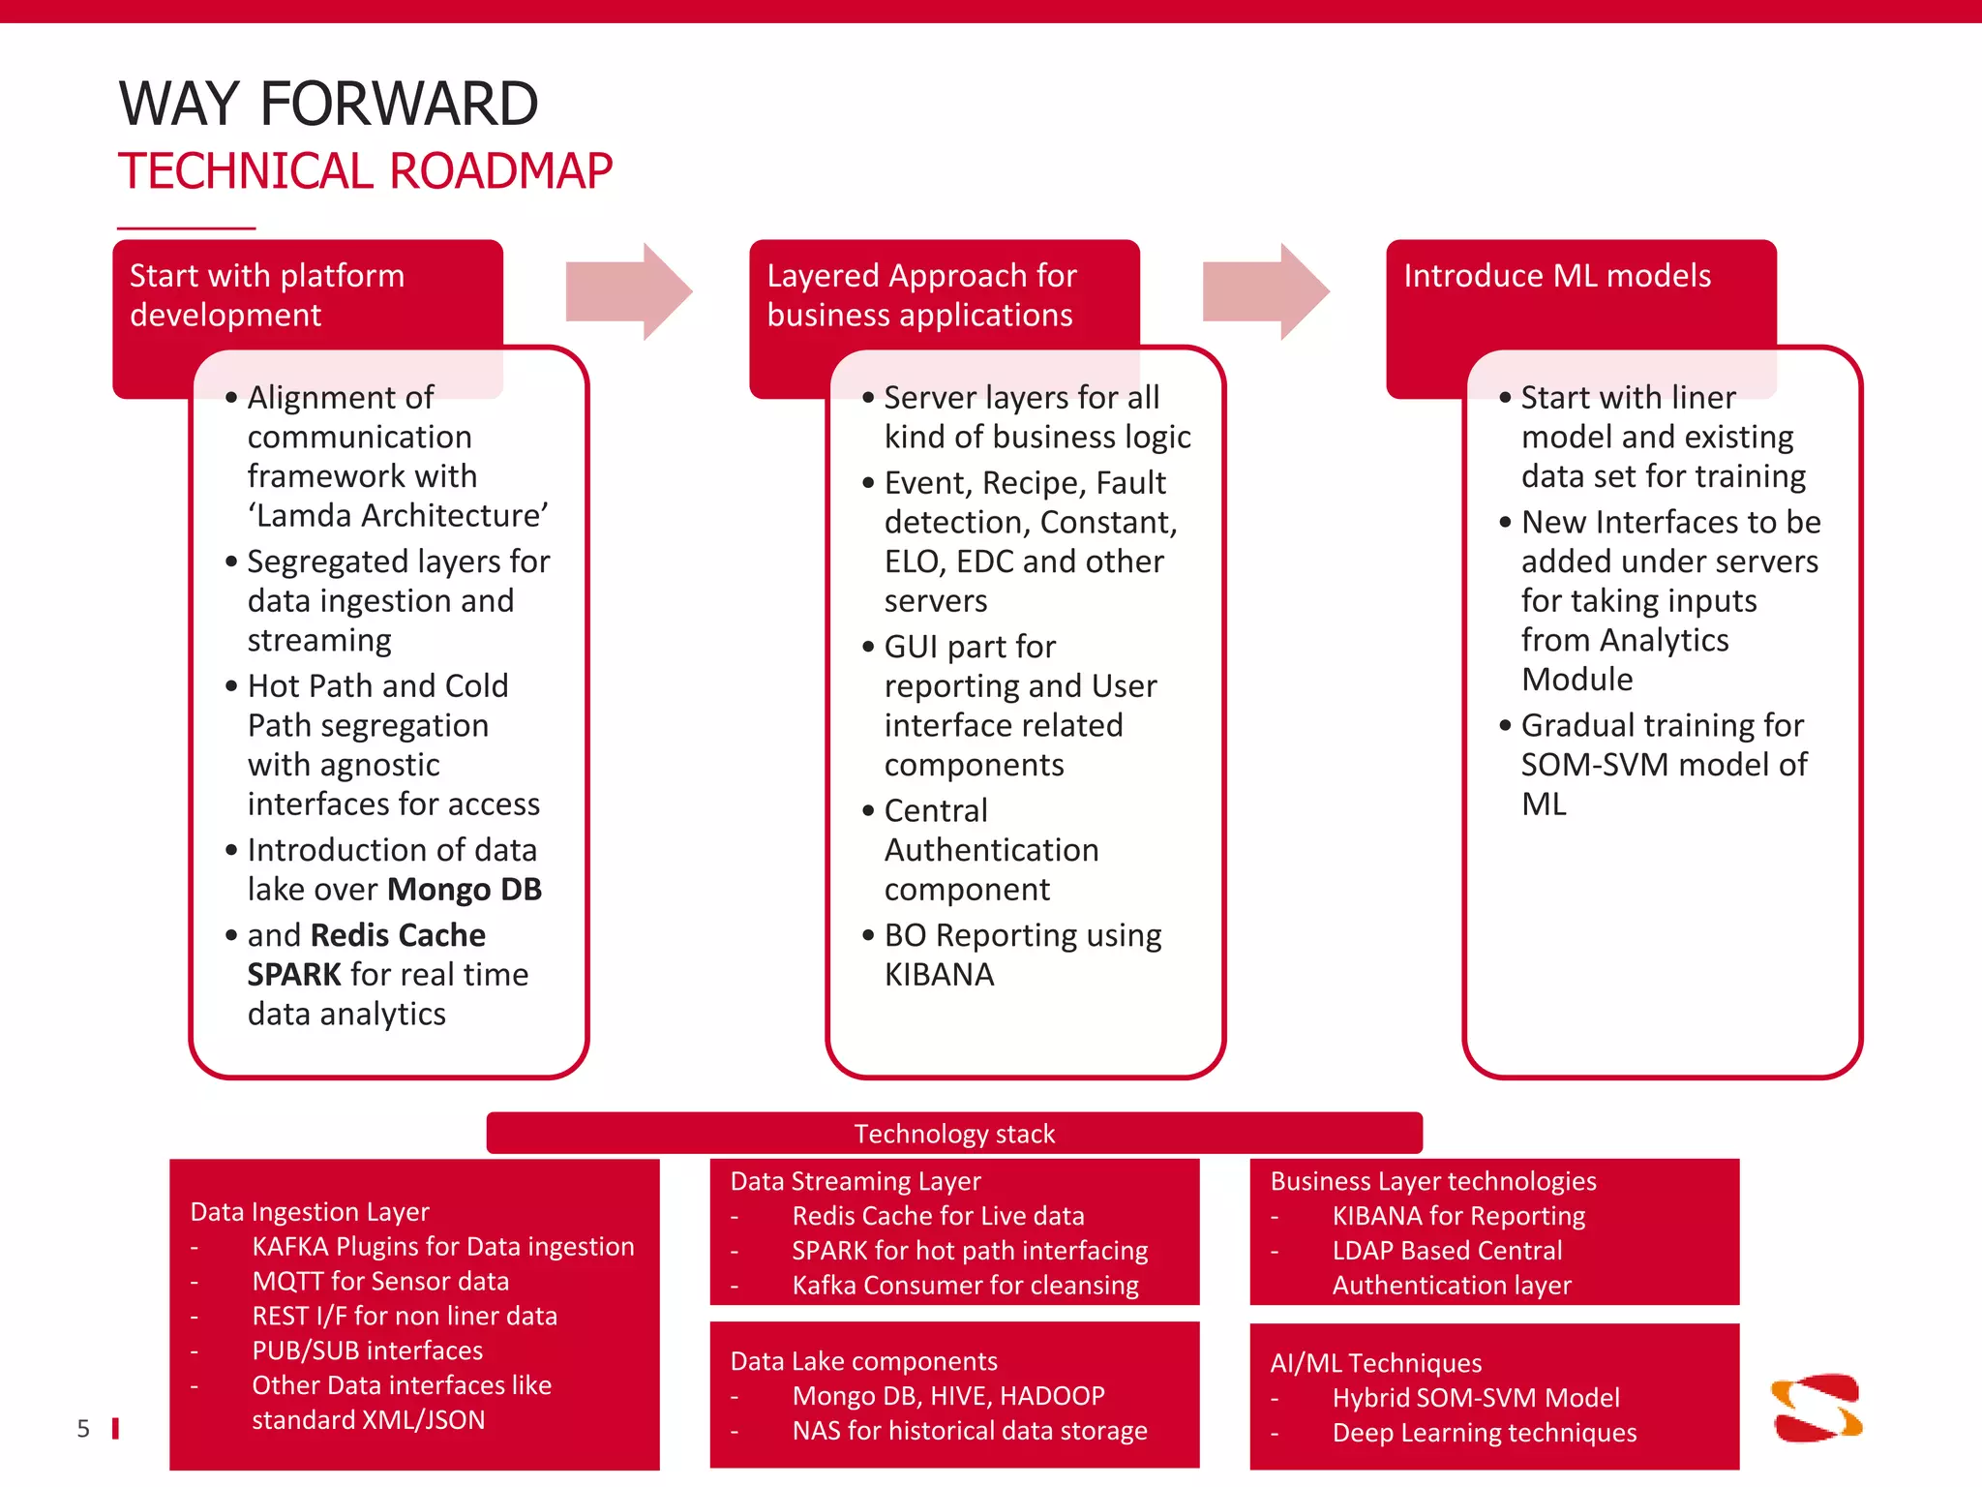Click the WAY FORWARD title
click(x=328, y=104)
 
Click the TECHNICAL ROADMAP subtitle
click(x=365, y=171)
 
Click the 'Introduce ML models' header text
click(x=1557, y=276)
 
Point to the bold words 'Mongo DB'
click(x=465, y=889)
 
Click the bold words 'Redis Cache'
click(x=398, y=935)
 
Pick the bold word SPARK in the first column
click(x=294, y=975)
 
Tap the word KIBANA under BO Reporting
click(x=939, y=975)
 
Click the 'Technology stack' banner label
click(x=954, y=1134)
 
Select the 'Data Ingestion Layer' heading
click(x=310, y=1212)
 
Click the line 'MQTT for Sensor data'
click(x=380, y=1282)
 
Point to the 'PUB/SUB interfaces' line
click(x=367, y=1350)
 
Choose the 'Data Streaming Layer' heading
click(x=856, y=1181)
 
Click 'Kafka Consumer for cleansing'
click(x=965, y=1286)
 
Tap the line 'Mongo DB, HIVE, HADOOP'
click(x=948, y=1396)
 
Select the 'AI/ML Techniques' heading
click(x=1375, y=1363)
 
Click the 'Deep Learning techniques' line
click(x=1484, y=1433)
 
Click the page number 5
click(x=83, y=1429)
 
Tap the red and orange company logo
click(x=1817, y=1409)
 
